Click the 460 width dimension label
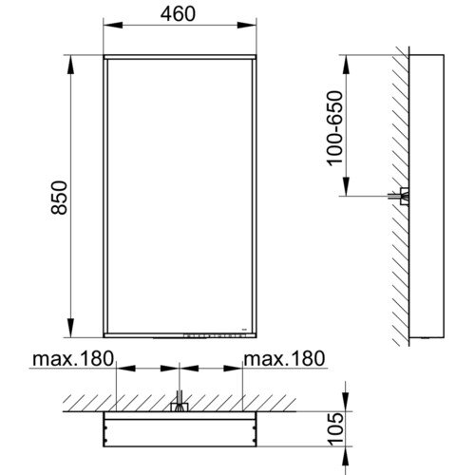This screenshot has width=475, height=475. click(178, 14)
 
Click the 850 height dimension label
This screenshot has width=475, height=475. click(59, 198)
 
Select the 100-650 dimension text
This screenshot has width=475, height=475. click(335, 128)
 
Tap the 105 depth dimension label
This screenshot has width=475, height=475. click(336, 429)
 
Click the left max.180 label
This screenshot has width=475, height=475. click(73, 359)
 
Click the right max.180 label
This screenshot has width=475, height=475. click(284, 359)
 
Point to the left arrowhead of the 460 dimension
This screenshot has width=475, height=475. click(113, 25)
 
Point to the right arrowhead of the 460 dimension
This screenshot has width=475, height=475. click(247, 25)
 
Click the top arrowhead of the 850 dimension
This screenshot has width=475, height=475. click(71, 65)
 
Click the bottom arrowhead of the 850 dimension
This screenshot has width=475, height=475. click(71, 328)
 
